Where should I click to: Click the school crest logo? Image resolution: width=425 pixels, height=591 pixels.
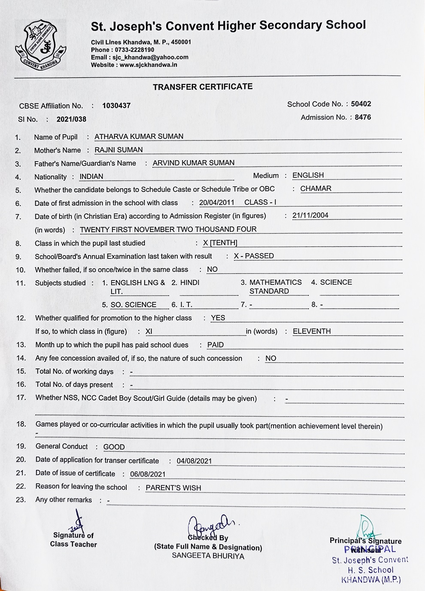click(41, 45)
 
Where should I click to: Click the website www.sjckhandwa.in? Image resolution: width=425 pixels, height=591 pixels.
click(149, 65)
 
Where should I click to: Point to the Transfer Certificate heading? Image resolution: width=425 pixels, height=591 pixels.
click(203, 87)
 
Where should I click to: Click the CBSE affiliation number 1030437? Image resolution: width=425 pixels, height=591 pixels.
click(116, 106)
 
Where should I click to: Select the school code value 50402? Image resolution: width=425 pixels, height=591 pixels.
click(361, 104)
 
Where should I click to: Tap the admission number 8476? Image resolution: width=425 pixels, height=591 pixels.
click(363, 117)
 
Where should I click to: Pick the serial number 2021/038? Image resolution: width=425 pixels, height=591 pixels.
click(71, 119)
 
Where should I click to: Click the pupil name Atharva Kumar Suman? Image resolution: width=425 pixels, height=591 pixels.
click(139, 137)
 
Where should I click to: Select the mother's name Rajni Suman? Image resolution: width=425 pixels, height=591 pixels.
click(118, 150)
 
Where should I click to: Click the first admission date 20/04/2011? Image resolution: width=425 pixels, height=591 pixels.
click(217, 202)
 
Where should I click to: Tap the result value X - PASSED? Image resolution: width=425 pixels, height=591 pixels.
click(254, 256)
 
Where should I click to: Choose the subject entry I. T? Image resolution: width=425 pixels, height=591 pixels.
click(186, 305)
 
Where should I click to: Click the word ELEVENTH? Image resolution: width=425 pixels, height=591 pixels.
click(312, 331)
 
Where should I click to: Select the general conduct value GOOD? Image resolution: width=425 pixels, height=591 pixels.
click(114, 447)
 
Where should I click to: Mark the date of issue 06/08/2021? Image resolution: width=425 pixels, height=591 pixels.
click(148, 474)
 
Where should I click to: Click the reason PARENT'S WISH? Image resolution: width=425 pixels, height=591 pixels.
click(173, 488)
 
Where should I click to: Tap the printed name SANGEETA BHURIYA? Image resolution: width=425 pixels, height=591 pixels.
click(208, 556)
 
